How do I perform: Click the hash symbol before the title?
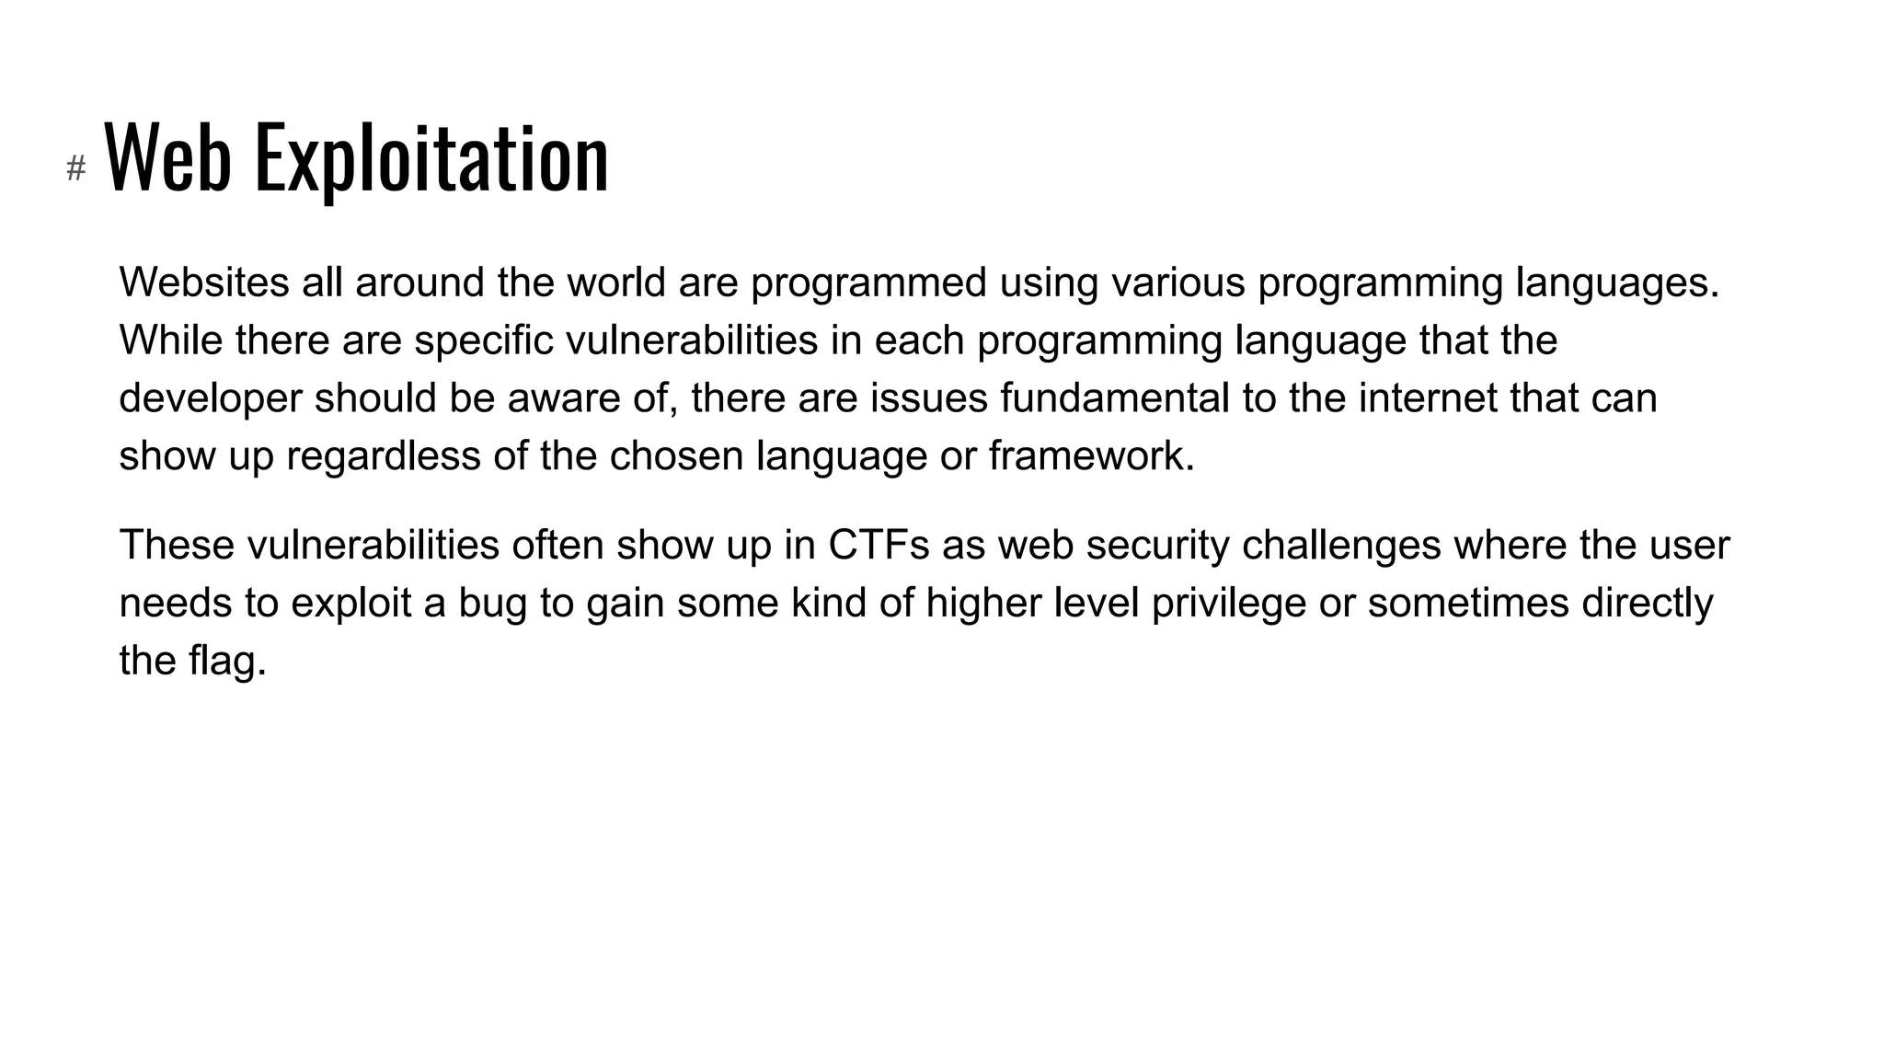tap(76, 168)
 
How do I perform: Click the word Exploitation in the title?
tap(431, 158)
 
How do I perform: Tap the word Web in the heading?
tap(167, 158)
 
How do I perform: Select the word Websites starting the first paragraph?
tap(204, 282)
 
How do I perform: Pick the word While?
tap(171, 340)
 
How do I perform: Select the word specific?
tap(484, 340)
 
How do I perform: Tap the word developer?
tap(211, 398)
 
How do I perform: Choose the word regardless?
tap(384, 456)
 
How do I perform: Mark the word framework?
tap(1091, 456)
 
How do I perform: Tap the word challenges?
tap(1341, 546)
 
